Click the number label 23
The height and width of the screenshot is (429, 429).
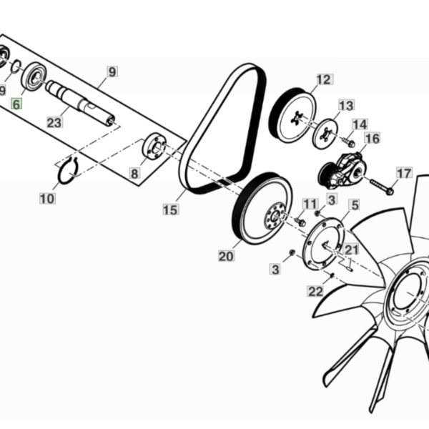tap(55, 122)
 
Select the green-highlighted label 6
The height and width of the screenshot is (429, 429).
tap(16, 104)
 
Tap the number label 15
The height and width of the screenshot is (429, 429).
tap(171, 209)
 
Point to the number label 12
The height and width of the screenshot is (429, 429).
tap(325, 79)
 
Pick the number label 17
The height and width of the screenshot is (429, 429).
tap(404, 173)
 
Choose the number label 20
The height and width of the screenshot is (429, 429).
tap(226, 256)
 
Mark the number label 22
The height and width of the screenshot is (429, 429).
tap(315, 292)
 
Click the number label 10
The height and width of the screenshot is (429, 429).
tap(48, 198)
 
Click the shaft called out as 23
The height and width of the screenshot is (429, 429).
tap(80, 102)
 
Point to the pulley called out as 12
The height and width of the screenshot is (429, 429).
tap(292, 115)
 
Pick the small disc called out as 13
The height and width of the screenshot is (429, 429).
tap(325, 134)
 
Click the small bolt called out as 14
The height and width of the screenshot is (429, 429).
tap(349, 142)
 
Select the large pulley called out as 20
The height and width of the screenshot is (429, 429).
tap(262, 209)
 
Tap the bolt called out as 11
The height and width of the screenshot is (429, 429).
tap(300, 222)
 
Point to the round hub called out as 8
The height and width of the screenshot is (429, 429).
tap(154, 146)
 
